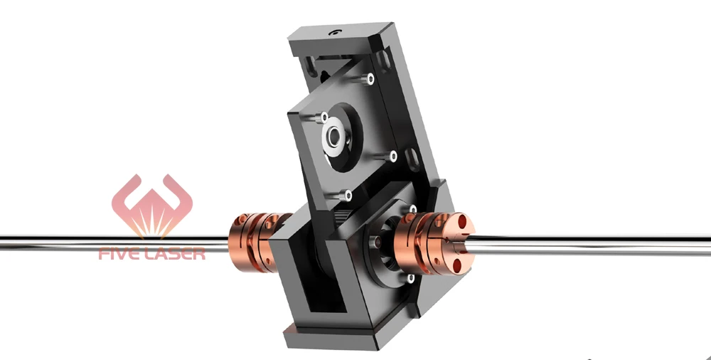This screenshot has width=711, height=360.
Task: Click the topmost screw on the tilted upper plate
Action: point(368,78)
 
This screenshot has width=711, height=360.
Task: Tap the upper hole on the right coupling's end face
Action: point(465,227)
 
